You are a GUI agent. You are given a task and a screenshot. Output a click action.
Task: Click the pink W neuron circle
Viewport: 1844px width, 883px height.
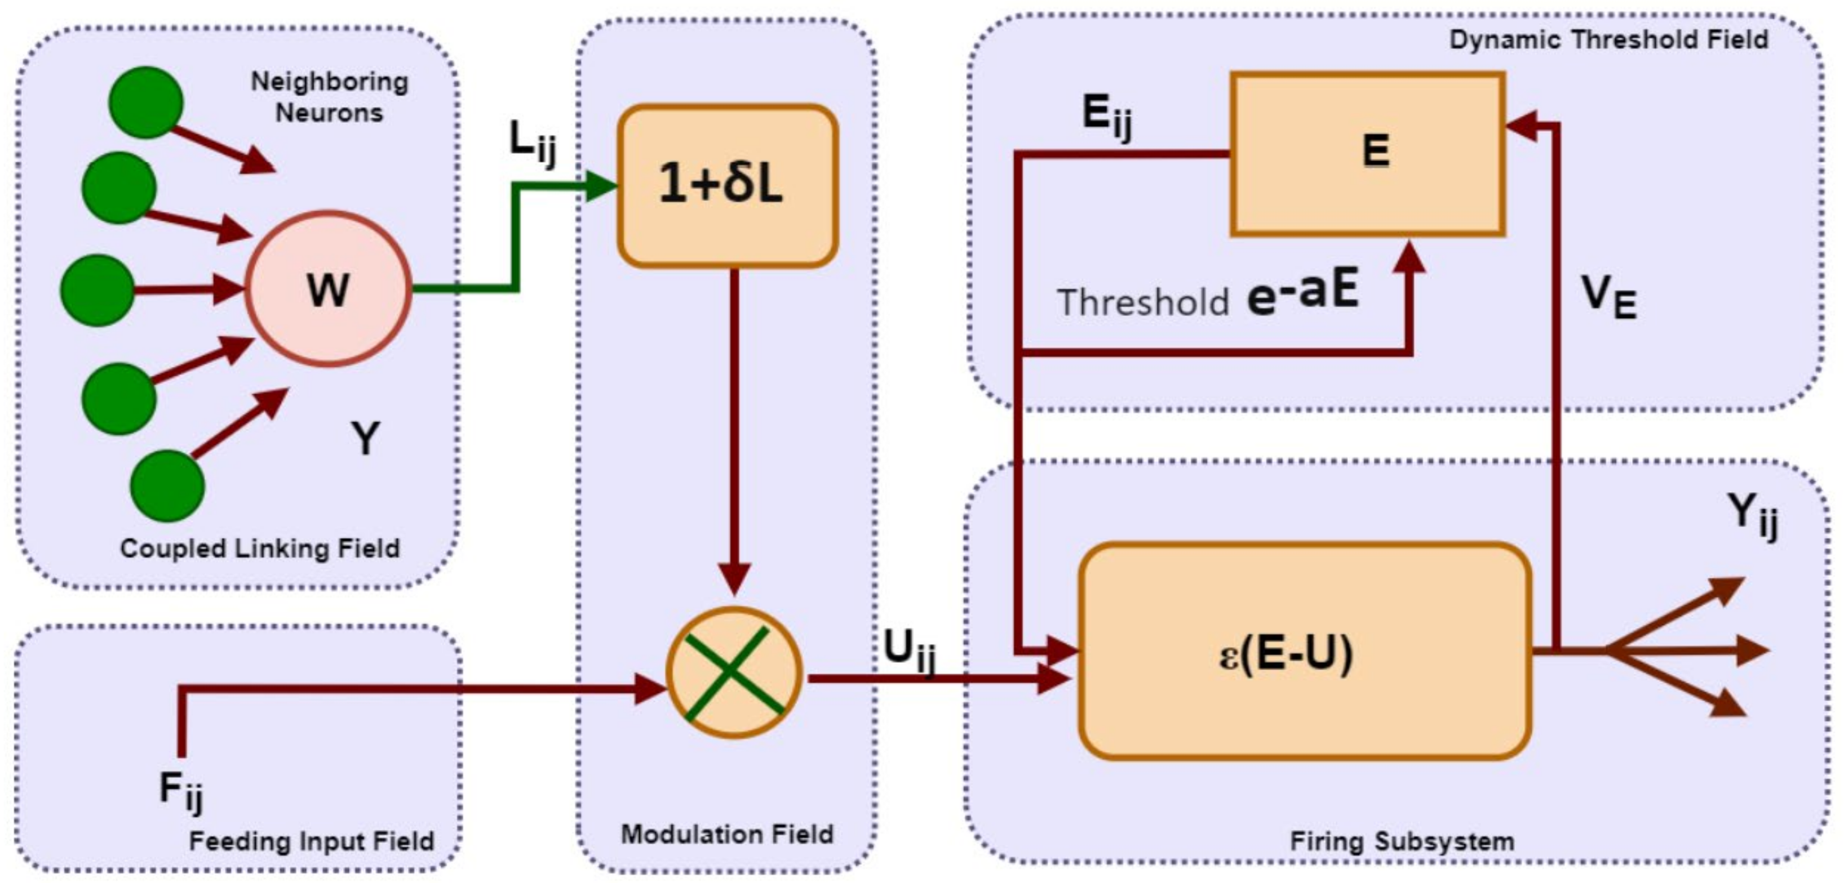click(328, 288)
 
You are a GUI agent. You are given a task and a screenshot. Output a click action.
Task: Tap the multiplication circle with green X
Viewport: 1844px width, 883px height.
click(734, 672)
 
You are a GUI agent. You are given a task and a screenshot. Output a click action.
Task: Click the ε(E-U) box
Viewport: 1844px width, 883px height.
click(1304, 650)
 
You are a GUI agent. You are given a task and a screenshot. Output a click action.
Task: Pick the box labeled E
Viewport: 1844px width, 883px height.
click(1367, 153)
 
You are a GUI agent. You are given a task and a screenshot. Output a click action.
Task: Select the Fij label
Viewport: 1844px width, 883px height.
click(180, 790)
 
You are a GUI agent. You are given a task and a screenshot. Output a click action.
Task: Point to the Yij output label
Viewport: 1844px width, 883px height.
click(1752, 515)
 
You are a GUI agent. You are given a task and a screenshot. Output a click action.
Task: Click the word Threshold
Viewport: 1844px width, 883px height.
click(1142, 302)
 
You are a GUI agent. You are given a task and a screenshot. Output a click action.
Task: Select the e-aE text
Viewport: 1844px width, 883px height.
click(1303, 292)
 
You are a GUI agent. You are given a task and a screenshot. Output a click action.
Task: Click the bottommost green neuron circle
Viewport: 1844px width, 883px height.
click(167, 485)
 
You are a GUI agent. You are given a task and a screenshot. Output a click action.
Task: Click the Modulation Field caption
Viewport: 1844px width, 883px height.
click(726, 835)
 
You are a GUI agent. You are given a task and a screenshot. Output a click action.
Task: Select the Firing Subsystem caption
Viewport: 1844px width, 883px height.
click(1402, 841)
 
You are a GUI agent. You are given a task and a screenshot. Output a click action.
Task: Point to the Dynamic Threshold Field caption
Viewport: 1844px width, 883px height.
click(1608, 39)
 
